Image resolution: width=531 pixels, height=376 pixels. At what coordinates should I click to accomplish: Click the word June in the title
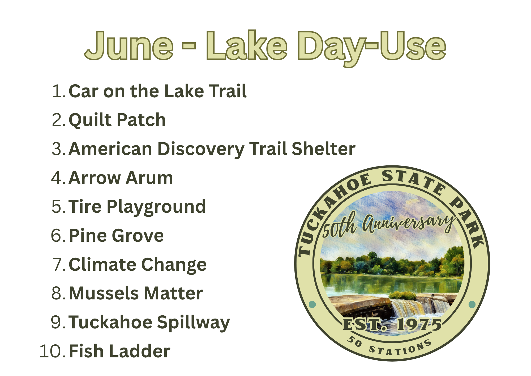coord(129,46)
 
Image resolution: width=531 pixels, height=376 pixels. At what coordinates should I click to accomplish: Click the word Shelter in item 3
coord(323,149)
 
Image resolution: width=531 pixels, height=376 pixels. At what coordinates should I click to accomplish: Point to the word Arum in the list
coord(149,178)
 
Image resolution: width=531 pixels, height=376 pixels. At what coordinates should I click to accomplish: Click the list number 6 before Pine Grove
coord(57,236)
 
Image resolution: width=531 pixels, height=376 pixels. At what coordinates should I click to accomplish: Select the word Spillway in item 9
coord(194,323)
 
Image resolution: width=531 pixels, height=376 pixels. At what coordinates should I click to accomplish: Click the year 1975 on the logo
coord(419,325)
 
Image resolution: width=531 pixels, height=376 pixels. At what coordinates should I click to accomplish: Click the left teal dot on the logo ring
coord(312,304)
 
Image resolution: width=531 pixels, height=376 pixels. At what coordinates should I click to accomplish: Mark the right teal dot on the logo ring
coord(472,304)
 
